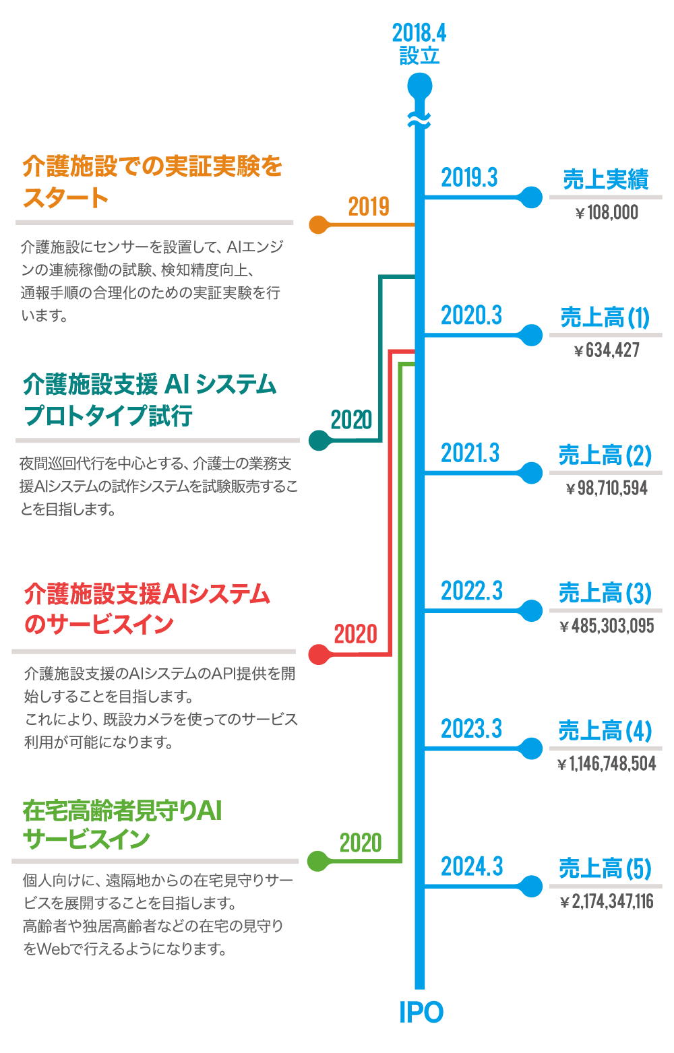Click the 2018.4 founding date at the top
pos(419,32)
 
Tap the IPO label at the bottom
pos(421,1012)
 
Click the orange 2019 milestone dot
pos(318,224)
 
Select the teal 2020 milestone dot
pos(318,440)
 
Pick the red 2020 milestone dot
pos(318,654)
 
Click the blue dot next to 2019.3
pos(531,197)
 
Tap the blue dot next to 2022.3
pos(531,610)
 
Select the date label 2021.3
pos(470,453)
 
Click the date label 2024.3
pos(471,866)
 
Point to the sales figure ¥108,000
pos(606,214)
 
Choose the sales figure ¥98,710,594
pos(606,488)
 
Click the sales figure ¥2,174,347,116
pos(606,901)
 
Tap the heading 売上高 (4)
pos(605,731)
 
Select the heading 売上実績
pos(605,180)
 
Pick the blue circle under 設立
pos(419,86)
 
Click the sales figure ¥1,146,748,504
pos(606,764)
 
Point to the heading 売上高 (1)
pos(605,317)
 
